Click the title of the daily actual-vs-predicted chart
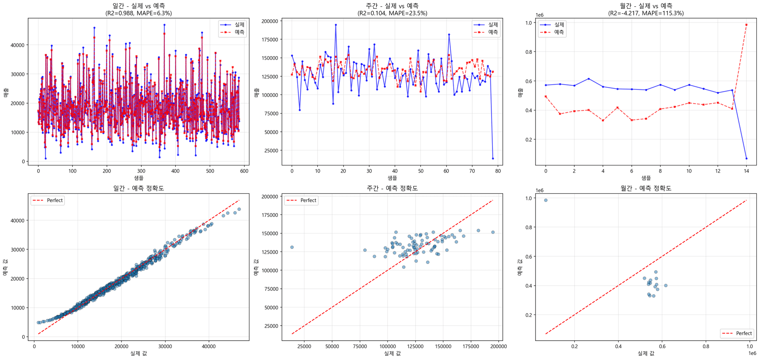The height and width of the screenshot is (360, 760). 139,9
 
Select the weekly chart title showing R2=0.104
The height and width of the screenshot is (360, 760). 392,9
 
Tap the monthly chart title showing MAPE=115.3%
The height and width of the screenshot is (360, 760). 646,9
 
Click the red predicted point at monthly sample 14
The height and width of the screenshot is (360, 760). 746,25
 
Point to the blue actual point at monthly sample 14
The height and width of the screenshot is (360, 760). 746,158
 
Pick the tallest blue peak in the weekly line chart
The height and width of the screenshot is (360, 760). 336,25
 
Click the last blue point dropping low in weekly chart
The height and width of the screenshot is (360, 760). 493,158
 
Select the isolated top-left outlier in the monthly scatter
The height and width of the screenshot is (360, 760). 545,200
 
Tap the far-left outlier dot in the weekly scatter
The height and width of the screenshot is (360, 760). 292,247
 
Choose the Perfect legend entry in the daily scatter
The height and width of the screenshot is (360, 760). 47,200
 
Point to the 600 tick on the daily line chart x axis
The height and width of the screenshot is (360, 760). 244,171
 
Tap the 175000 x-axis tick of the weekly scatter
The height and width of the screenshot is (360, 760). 471,346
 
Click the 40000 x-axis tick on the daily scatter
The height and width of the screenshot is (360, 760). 209,346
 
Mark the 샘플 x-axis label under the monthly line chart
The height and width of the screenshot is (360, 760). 646,178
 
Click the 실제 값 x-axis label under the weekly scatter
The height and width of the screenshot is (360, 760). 392,353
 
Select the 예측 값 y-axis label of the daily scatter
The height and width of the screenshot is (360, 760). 6,267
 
